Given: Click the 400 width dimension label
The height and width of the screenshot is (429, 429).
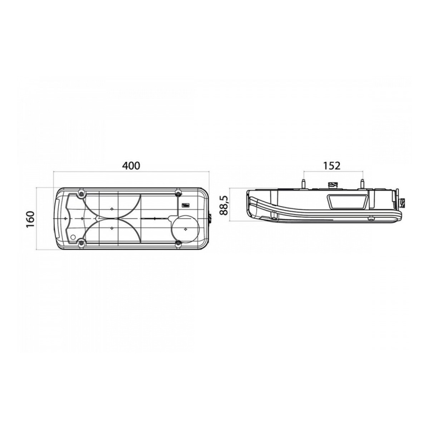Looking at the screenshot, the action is point(131,166).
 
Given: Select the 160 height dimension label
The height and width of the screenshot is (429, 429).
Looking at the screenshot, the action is point(30,219).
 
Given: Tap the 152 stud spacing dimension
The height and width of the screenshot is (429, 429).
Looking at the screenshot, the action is point(332,166).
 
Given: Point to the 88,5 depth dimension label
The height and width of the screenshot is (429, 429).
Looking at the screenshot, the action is point(223,205).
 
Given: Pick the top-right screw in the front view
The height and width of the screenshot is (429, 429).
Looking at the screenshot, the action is point(178,193).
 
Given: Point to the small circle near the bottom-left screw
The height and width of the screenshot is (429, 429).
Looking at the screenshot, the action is point(73,237).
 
